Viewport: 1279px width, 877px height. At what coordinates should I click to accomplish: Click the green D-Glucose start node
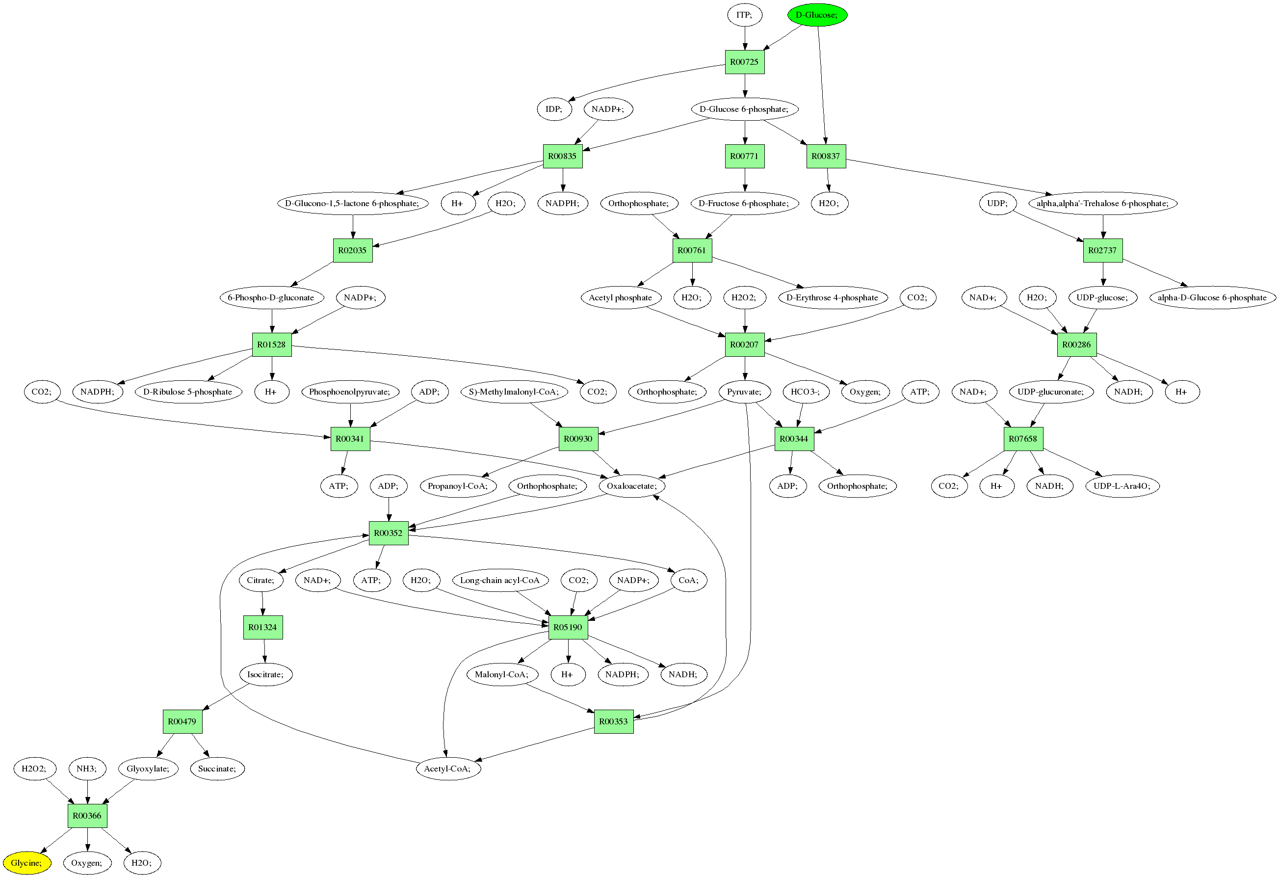[x=817, y=15]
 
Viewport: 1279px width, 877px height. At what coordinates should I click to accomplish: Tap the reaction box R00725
[x=744, y=62]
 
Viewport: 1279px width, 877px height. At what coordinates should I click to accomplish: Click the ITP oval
[x=744, y=15]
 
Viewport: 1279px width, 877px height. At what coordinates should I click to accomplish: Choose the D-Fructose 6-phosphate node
[x=744, y=204]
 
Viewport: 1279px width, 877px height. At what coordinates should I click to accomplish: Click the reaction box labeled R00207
[x=744, y=345]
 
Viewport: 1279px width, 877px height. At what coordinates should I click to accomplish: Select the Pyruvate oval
[x=744, y=392]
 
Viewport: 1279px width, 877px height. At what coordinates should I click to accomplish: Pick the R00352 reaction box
[x=389, y=533]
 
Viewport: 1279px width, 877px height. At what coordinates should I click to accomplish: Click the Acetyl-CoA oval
[x=447, y=769]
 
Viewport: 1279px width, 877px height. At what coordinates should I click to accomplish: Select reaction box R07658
[x=1022, y=439]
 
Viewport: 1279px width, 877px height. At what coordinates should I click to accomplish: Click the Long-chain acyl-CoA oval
[x=500, y=580]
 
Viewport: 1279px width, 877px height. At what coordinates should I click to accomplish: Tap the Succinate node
[x=217, y=769]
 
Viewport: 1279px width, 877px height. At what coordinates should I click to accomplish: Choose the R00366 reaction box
[x=87, y=816]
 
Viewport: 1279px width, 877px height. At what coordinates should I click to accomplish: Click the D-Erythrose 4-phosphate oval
[x=832, y=298]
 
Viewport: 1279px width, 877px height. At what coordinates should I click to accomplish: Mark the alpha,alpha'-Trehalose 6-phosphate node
[x=1102, y=204]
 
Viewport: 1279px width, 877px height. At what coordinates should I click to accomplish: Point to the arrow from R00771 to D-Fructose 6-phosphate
[x=745, y=180]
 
